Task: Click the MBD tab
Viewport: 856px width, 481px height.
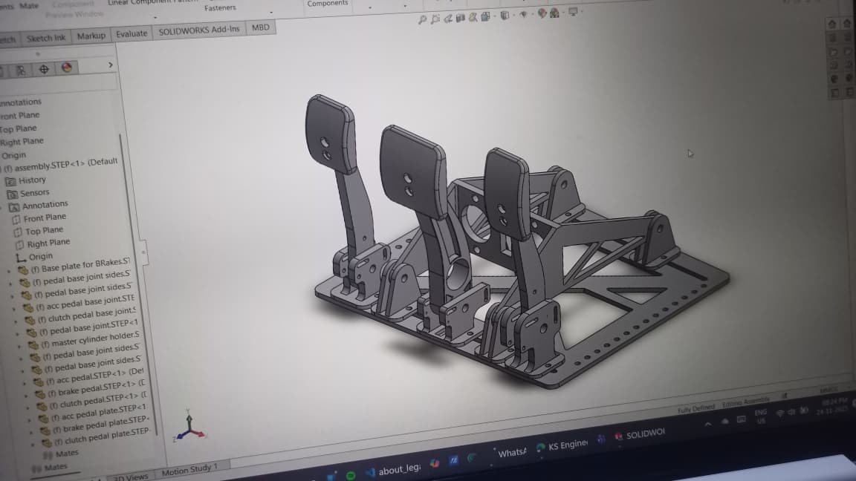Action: point(260,27)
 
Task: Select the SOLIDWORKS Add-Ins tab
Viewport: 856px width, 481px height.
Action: point(199,30)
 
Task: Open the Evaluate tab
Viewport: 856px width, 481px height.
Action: point(131,34)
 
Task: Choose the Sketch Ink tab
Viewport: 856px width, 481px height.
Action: point(46,38)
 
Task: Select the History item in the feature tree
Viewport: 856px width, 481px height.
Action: point(31,180)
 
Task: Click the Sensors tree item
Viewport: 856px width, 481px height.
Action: point(33,193)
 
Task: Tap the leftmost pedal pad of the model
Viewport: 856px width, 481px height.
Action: point(329,134)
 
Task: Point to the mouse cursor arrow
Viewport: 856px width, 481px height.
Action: point(690,154)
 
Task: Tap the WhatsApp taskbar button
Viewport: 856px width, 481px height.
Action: point(510,452)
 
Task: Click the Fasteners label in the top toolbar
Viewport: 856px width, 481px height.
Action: point(220,8)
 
